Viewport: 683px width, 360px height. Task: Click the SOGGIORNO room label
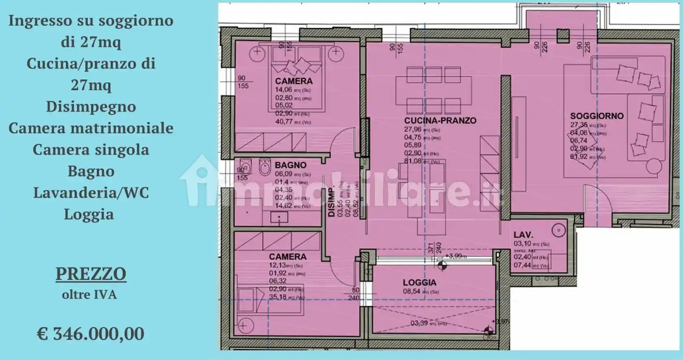596,116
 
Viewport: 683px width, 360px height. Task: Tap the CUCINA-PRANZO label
440,120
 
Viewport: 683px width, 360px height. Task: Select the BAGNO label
290,165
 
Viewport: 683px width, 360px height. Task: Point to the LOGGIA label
420,282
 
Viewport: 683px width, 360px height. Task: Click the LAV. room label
523,235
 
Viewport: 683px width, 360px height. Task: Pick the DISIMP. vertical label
331,202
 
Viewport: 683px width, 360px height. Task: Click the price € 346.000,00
91,334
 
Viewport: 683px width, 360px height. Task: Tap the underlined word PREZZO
91,274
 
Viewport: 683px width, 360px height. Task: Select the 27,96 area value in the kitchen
413,129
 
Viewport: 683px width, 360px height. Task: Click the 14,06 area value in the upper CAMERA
284,90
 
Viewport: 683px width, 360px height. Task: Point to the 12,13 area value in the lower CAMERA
278,265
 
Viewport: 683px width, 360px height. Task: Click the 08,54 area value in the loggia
411,291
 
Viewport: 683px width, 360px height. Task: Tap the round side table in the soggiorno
654,167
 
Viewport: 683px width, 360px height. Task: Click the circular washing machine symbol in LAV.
559,231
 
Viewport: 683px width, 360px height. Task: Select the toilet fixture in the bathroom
265,167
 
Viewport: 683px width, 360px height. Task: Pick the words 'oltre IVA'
89,294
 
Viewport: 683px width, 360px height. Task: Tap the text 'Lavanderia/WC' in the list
91,192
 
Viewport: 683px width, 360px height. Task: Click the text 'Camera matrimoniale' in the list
91,128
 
